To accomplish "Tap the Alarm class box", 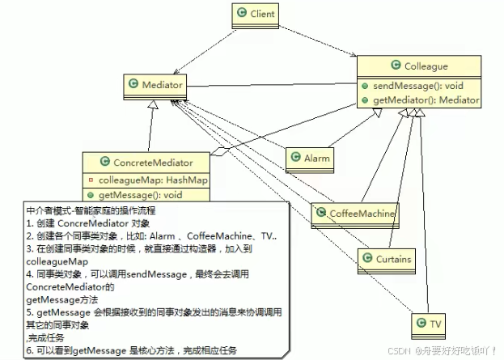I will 309,158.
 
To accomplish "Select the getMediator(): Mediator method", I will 421,100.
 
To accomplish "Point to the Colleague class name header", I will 418,66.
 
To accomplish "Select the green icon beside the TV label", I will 420,324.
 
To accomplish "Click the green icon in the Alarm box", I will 294,158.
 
